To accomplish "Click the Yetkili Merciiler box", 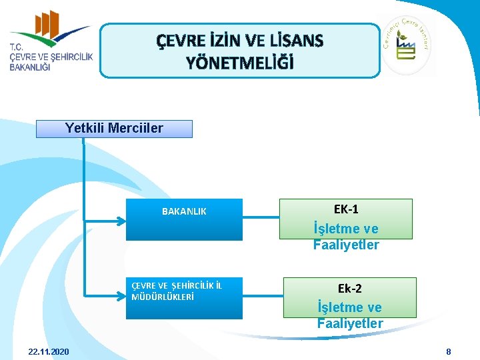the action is [x=114, y=129].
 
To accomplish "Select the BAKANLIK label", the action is [x=184, y=211].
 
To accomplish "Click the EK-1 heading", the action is [x=345, y=209].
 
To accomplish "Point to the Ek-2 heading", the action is [x=349, y=289].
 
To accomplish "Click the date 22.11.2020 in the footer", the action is [x=49, y=351].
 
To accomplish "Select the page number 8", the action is [x=449, y=351].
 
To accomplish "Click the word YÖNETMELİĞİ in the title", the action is [x=240, y=63].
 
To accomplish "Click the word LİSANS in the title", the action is [x=296, y=41].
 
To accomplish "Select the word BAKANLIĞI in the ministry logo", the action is [x=30, y=68].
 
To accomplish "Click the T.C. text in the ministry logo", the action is [x=17, y=47].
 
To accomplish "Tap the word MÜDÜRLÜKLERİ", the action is [x=163, y=297].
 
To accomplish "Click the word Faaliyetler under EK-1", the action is [x=345, y=245].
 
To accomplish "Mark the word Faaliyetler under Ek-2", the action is [x=349, y=323].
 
